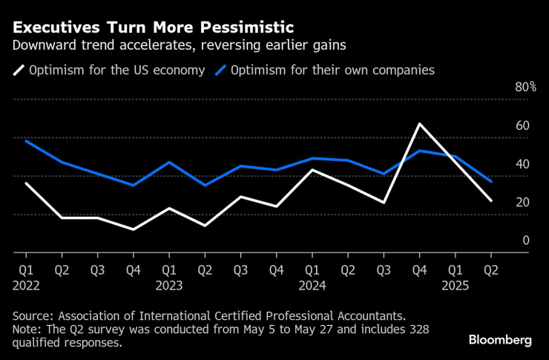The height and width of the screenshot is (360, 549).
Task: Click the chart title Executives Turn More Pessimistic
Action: point(153,27)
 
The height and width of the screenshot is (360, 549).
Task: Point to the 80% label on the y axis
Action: point(525,87)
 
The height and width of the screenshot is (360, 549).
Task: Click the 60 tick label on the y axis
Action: point(522,125)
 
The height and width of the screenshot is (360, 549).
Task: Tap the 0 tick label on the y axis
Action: point(526,240)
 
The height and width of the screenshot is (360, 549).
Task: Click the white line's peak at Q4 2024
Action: point(419,124)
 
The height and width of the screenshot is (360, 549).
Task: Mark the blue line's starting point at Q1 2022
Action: point(26,140)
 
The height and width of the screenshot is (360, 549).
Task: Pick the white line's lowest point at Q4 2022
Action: point(133,229)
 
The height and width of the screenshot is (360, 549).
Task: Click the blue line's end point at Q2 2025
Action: point(490,182)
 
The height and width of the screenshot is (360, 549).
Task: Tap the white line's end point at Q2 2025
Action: point(490,200)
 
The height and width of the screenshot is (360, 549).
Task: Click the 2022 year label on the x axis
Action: point(26,284)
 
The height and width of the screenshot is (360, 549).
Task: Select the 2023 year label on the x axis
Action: point(168,284)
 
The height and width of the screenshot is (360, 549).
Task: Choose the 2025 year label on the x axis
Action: point(454,284)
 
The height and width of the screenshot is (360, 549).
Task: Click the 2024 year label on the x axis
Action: point(312,284)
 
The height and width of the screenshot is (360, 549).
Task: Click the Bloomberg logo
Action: point(500,339)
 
